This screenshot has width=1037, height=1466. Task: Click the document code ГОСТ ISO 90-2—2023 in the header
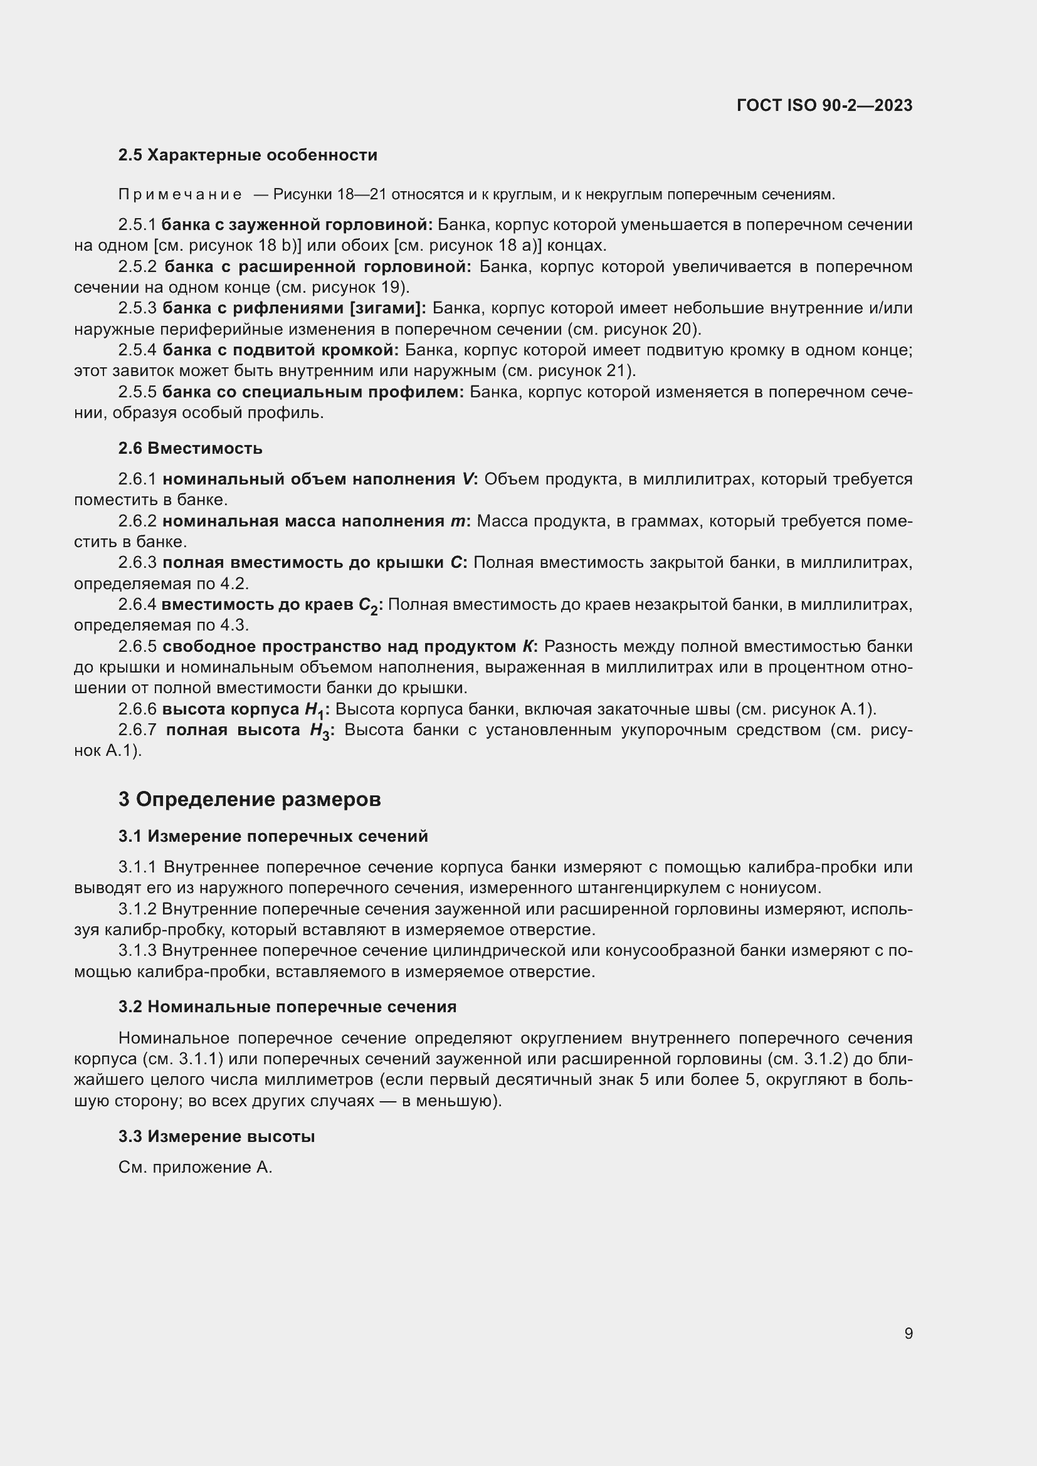(824, 105)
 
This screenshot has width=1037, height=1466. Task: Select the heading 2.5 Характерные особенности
(248, 155)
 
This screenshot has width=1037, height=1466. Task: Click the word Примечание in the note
(179, 195)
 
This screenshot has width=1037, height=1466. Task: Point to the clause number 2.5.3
(137, 308)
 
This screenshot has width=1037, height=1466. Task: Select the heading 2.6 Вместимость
(191, 448)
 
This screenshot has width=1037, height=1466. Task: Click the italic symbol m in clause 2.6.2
(457, 521)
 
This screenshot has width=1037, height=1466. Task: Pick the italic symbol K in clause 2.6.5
(527, 647)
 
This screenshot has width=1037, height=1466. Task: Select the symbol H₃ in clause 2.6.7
(319, 731)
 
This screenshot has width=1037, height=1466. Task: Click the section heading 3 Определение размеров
(250, 799)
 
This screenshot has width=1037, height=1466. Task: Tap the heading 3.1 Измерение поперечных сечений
(273, 837)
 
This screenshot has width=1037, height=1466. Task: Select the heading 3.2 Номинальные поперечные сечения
(287, 1007)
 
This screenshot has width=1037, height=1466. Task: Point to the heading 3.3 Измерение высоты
(216, 1136)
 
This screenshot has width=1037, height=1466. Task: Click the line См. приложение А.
(196, 1168)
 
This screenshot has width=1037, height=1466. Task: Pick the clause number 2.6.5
(137, 647)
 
